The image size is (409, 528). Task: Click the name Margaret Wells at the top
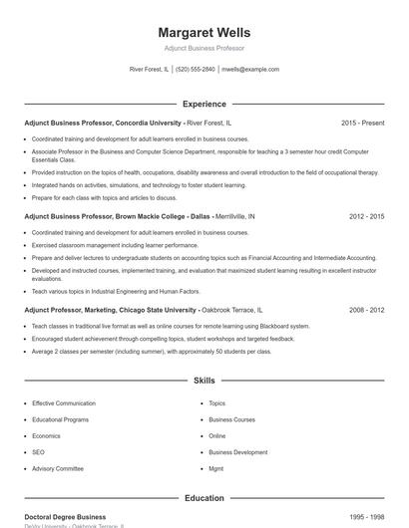[204, 32]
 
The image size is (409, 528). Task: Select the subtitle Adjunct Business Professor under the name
[204, 48]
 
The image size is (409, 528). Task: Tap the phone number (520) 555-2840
[196, 70]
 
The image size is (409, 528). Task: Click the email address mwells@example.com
[250, 70]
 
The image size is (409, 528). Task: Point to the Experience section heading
[204, 104]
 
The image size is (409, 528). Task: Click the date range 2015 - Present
[362, 123]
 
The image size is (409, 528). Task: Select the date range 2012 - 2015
[366, 215]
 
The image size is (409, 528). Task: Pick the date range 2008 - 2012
[366, 310]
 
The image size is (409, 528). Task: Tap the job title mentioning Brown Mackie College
[117, 215]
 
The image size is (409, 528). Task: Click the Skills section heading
[204, 381]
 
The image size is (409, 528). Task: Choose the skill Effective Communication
[64, 403]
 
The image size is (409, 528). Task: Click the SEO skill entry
[38, 452]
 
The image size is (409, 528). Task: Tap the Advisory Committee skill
[58, 468]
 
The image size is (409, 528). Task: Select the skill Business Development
[237, 452]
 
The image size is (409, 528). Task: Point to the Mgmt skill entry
[216, 468]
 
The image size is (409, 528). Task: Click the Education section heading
[204, 498]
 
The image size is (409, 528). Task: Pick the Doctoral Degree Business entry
[65, 517]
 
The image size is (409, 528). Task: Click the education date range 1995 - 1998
[366, 517]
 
